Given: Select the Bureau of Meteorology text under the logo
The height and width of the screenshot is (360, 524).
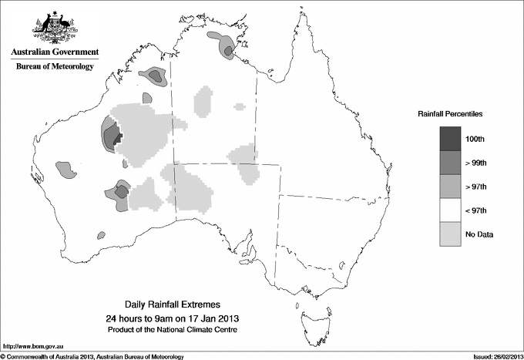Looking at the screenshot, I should point(55,66).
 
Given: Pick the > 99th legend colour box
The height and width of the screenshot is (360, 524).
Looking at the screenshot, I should point(450,162).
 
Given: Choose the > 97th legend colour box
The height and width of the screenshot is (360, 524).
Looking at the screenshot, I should point(450,186).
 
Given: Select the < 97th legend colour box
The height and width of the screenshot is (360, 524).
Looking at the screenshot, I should point(450,210).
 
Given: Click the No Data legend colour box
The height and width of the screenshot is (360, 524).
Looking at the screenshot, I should point(450,234).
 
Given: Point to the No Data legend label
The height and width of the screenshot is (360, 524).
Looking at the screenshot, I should point(479,234).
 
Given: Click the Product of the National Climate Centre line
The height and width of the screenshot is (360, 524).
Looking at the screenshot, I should point(173,330).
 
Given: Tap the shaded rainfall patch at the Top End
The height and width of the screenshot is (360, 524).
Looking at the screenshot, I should point(227,49).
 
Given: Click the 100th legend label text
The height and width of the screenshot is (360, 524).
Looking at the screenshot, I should point(475,138).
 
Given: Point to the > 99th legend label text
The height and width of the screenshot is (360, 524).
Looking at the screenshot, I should point(475,162).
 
